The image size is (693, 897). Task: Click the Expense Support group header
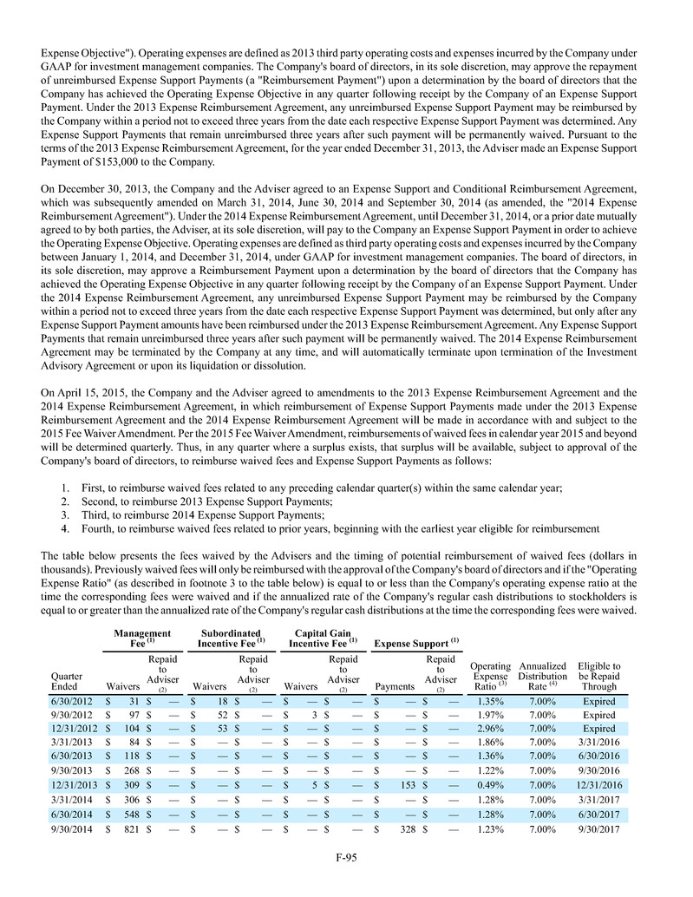pyautogui.click(x=413, y=644)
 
